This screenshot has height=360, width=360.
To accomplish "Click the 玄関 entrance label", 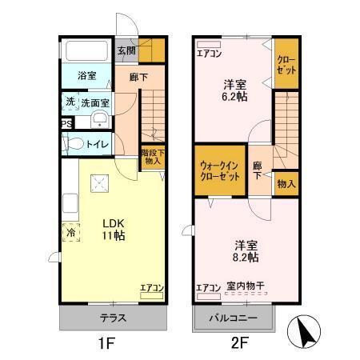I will point(126,50).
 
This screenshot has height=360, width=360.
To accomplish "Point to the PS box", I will point(66,124).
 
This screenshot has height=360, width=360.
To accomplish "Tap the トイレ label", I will point(97,145).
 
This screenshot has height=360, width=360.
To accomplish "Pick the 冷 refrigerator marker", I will point(70,234).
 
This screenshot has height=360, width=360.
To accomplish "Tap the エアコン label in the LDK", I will point(152,288).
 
